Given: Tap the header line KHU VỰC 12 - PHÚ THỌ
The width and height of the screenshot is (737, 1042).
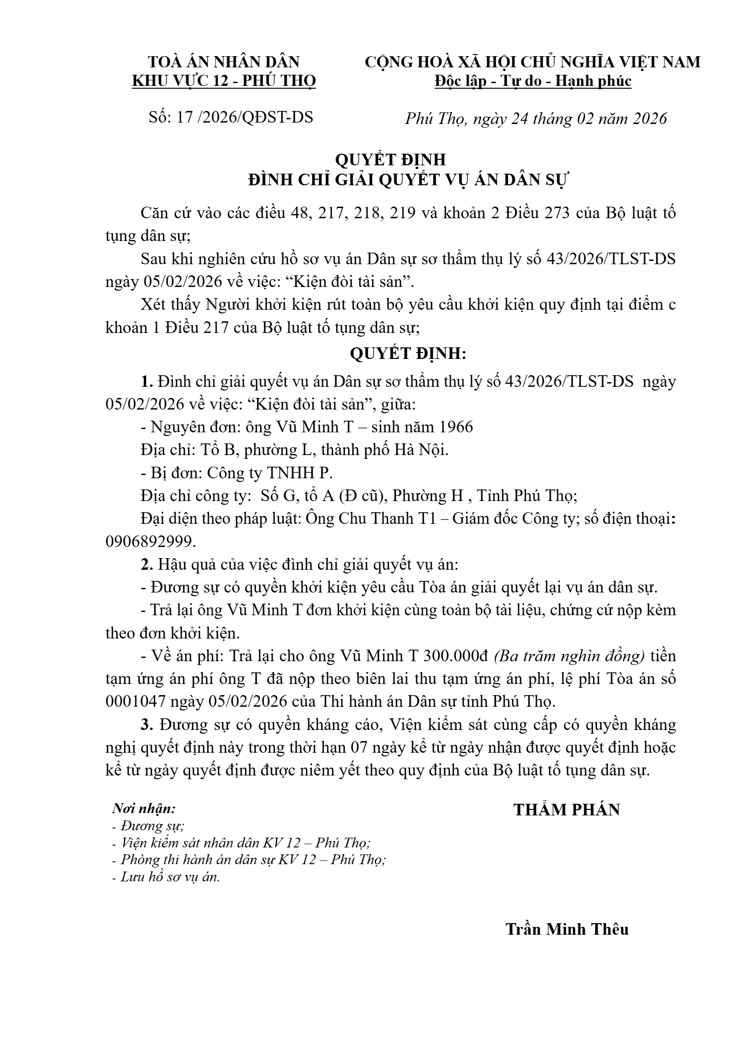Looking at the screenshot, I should [x=224, y=81].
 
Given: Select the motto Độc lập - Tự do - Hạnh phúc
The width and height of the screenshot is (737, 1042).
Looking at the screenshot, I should [x=533, y=81].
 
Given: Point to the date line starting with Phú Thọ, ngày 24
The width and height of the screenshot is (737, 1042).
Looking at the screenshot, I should [x=535, y=119].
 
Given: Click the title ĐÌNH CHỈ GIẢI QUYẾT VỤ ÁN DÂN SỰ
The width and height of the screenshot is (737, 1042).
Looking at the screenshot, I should [x=409, y=180].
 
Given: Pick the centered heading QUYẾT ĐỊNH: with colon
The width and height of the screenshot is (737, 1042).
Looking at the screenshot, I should [x=408, y=354].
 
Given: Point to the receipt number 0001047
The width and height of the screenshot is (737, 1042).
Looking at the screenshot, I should [x=135, y=702].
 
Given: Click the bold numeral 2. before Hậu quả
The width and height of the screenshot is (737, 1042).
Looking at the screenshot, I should [x=147, y=565].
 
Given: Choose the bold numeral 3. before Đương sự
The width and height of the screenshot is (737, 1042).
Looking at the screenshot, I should [x=147, y=725].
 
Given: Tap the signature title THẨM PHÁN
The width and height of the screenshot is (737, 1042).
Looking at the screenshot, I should [x=566, y=810].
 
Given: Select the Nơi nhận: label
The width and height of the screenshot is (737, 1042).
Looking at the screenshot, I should [x=144, y=809].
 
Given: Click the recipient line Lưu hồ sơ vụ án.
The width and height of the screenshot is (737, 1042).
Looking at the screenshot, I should [x=170, y=877].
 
